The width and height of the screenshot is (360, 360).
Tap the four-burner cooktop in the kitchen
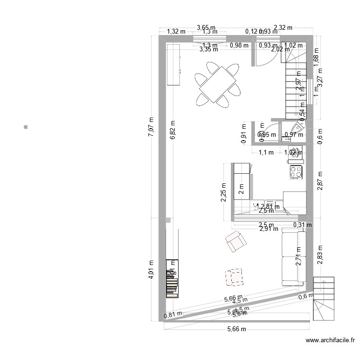(x=296, y=172)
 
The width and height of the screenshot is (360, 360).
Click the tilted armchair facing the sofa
(x=236, y=241)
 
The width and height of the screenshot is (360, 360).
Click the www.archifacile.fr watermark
(x=330, y=341)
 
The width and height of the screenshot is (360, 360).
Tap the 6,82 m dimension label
(x=173, y=130)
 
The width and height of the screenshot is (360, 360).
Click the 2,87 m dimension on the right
(x=320, y=181)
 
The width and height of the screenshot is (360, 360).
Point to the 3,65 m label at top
(x=206, y=28)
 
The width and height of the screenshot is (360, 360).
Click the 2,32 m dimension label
(x=283, y=28)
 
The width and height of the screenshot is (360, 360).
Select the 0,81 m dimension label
(x=173, y=315)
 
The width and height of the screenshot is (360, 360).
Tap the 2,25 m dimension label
(x=224, y=192)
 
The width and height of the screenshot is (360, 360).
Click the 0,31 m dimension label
(x=302, y=224)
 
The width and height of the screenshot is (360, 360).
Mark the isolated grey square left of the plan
(x=25, y=127)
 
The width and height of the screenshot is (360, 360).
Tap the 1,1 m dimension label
(x=266, y=153)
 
